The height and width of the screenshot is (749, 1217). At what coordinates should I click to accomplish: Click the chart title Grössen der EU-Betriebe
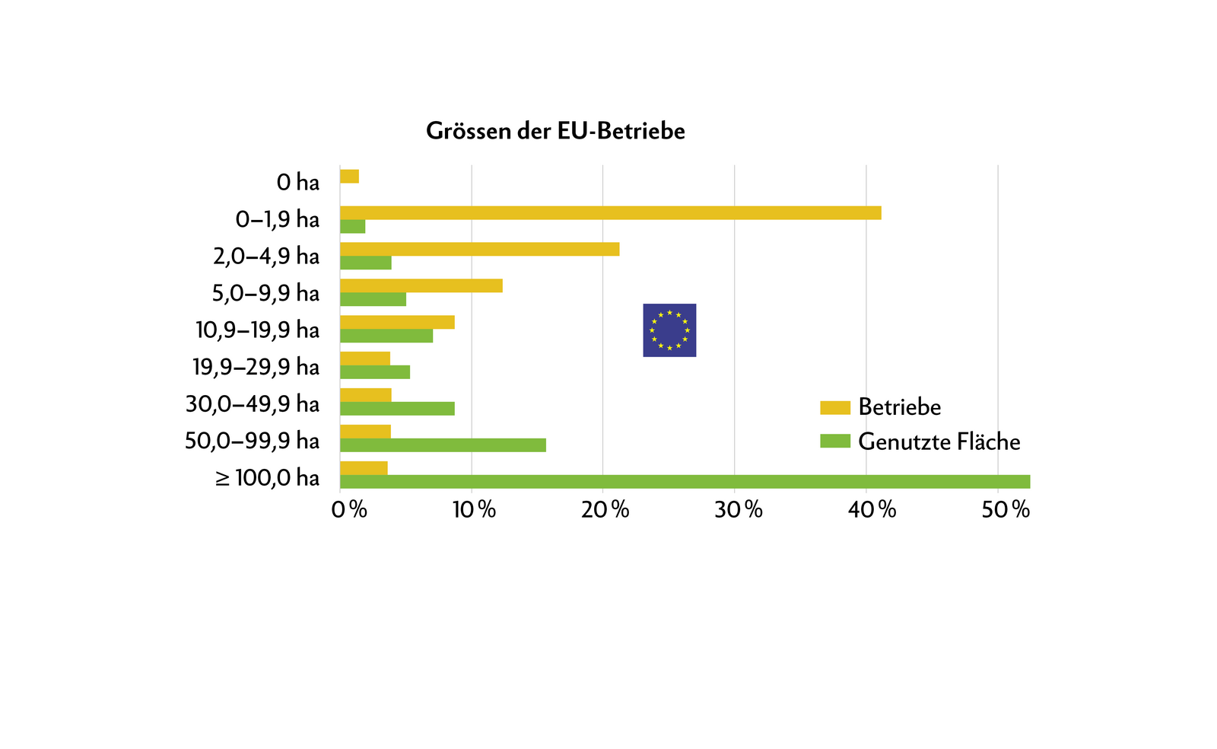pyautogui.click(x=555, y=131)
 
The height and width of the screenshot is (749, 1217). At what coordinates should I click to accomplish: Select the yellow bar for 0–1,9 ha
pyautogui.click(x=610, y=213)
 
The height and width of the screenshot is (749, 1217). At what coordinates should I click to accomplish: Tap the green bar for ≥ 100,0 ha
pyautogui.click(x=685, y=482)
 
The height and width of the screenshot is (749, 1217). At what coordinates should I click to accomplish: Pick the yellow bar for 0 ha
pyautogui.click(x=349, y=177)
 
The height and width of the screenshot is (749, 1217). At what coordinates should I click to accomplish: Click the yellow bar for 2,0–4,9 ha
pyautogui.click(x=479, y=249)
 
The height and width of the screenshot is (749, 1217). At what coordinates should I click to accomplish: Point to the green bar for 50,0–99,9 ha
pyautogui.click(x=443, y=445)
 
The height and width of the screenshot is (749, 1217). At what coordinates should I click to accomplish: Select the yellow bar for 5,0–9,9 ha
pyautogui.click(x=421, y=285)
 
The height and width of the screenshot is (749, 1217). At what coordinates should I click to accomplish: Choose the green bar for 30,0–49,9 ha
pyautogui.click(x=397, y=409)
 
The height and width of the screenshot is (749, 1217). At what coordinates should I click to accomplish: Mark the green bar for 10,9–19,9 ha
pyautogui.click(x=386, y=336)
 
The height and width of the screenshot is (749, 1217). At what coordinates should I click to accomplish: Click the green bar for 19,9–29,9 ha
pyautogui.click(x=375, y=372)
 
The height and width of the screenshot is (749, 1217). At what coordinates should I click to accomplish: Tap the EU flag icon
pyautogui.click(x=669, y=330)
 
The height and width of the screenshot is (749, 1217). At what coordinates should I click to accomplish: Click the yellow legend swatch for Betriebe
pyautogui.click(x=834, y=408)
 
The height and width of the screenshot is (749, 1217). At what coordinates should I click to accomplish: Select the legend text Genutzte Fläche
pyautogui.click(x=939, y=441)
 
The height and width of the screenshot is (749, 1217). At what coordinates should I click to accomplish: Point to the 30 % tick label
pyautogui.click(x=738, y=510)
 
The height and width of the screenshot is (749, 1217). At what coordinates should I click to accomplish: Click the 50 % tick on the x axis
pyautogui.click(x=1005, y=510)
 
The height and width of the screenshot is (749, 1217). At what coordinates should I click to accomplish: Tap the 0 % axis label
pyautogui.click(x=349, y=510)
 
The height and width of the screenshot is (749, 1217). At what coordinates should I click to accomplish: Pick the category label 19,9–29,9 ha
pyautogui.click(x=256, y=367)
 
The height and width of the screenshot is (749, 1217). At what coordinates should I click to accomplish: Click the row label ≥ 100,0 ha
pyautogui.click(x=267, y=478)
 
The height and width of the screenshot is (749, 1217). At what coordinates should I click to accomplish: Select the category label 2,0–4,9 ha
pyautogui.click(x=266, y=256)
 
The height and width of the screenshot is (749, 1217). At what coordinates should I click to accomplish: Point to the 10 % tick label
pyautogui.click(x=474, y=510)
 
